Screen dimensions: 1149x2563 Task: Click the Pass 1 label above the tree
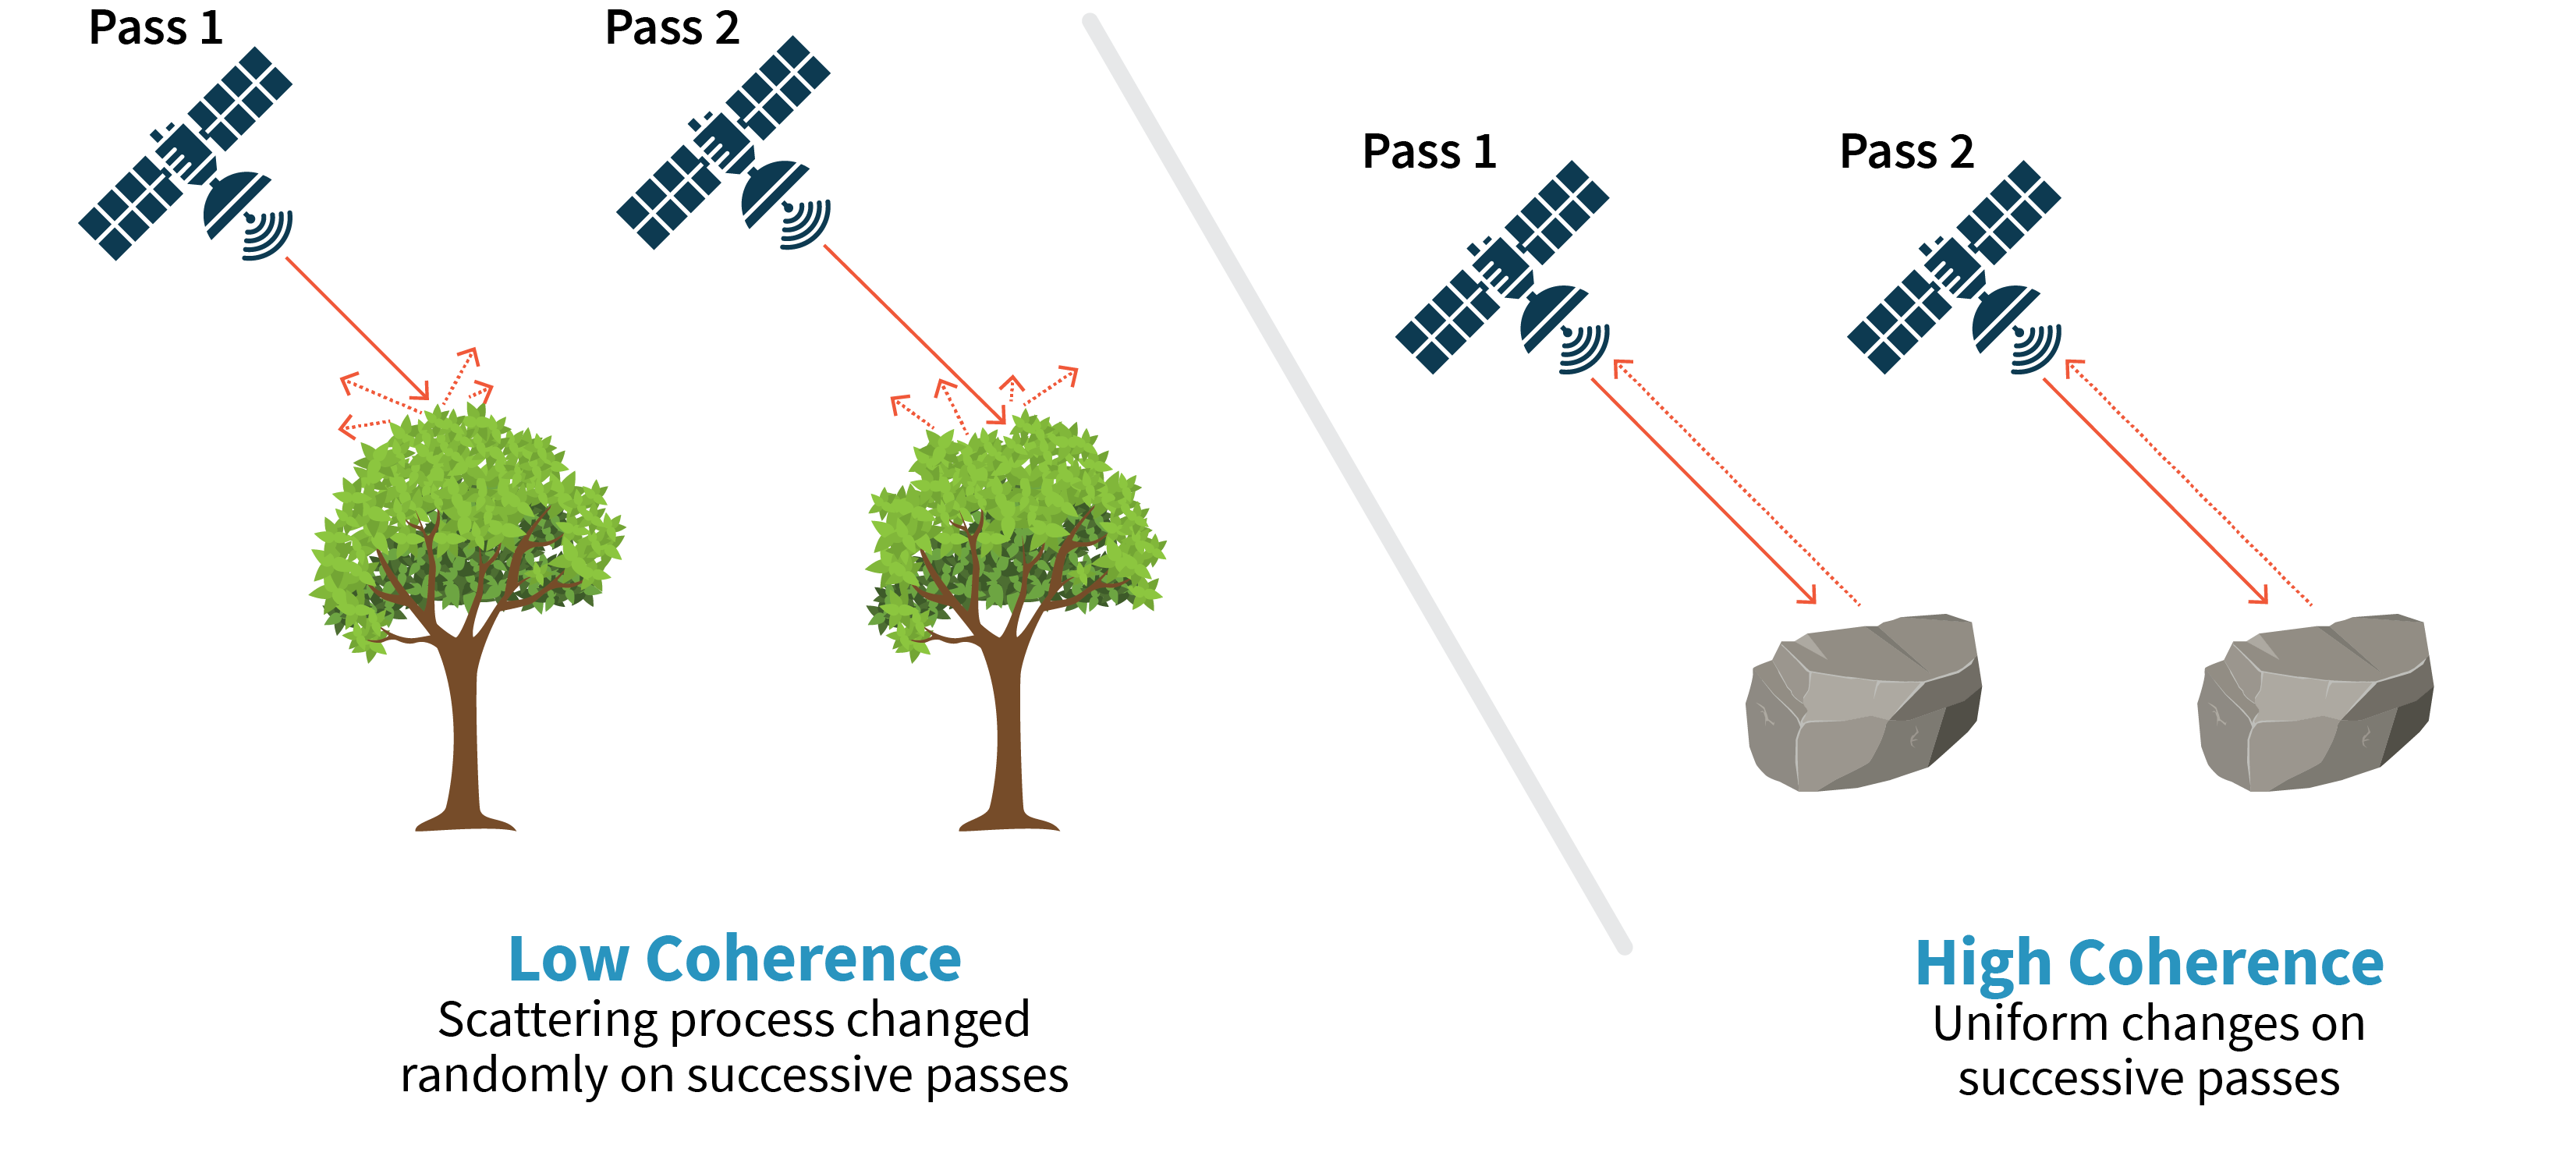click(x=155, y=28)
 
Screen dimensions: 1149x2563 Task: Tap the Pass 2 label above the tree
click(x=672, y=28)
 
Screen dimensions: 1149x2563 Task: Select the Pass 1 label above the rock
click(x=1429, y=152)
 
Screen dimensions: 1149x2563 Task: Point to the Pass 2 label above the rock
click(x=1906, y=152)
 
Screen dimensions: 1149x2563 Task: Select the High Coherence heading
click(x=2149, y=963)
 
